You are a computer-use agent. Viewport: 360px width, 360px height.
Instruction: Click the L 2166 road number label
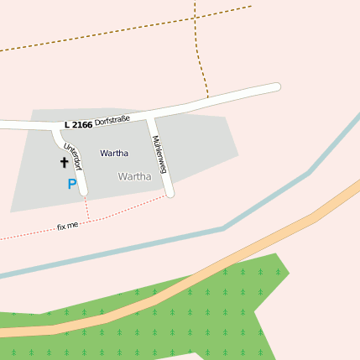(77, 125)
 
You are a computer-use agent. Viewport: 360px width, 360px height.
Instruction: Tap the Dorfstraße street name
(112, 122)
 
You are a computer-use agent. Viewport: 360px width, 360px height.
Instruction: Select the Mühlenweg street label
(159, 155)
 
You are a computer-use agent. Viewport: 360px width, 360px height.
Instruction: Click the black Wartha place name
(114, 154)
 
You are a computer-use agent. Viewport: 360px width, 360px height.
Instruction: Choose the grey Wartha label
(135, 177)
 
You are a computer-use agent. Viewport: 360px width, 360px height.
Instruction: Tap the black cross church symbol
(64, 162)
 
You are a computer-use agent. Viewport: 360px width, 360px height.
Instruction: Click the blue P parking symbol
(72, 184)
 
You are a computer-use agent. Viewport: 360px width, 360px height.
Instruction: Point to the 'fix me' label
(67, 227)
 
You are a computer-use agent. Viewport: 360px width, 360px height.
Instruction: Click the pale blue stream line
(223, 227)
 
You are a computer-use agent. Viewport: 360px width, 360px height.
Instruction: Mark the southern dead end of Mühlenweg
(169, 193)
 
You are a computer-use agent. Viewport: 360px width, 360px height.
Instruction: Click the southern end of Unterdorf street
(83, 191)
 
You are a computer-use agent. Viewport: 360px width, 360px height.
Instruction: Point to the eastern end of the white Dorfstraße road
(275, 87)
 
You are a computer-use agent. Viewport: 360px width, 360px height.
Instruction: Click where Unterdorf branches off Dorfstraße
(56, 128)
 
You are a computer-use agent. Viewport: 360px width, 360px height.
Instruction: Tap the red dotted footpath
(126, 210)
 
